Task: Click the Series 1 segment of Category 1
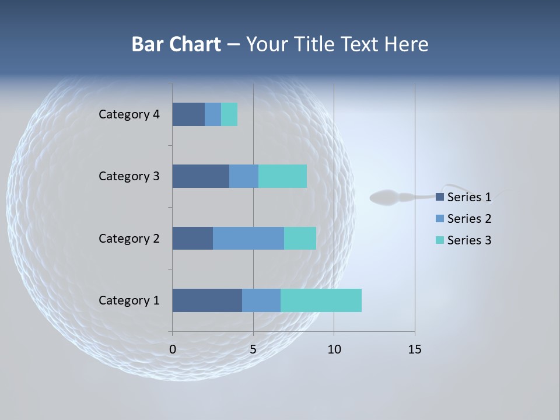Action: click(207, 300)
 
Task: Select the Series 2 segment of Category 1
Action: click(261, 300)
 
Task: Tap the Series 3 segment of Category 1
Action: click(321, 300)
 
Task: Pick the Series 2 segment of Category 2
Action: click(249, 238)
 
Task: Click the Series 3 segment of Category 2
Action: click(300, 238)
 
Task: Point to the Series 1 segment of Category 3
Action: click(201, 176)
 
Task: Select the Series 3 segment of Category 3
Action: click(282, 176)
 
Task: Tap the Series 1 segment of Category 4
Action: click(188, 114)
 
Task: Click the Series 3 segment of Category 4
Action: click(229, 114)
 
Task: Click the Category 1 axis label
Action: click(129, 300)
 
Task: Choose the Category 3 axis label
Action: click(129, 176)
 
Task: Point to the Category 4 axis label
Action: click(129, 114)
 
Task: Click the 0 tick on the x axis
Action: click(173, 349)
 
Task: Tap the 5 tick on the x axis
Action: click(253, 349)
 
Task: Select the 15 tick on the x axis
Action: click(414, 349)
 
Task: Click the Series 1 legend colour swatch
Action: click(440, 197)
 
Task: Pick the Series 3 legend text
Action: click(469, 240)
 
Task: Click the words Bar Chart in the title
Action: click(176, 44)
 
